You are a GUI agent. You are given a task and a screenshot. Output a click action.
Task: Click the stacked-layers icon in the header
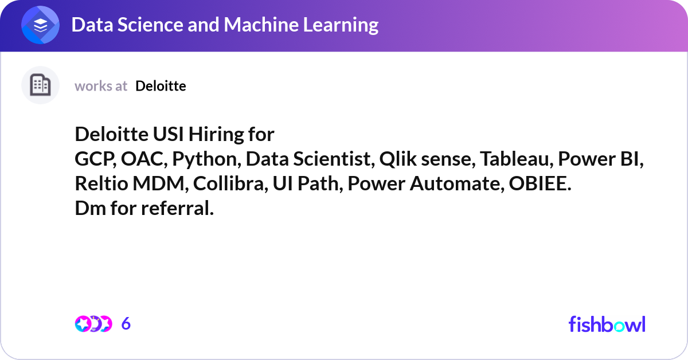coord(41,25)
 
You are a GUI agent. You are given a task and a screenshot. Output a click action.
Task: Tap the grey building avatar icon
coord(40,85)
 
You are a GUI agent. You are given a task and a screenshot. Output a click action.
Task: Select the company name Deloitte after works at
coord(161,86)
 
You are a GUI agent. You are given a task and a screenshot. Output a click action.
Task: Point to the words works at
coord(101,86)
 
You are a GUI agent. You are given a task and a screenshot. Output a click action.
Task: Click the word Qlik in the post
coord(398,159)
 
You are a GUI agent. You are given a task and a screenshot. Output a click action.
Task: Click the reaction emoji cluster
coord(93,324)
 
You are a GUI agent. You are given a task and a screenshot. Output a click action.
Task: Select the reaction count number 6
coord(126,324)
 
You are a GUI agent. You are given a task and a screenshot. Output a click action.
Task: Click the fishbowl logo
coord(607,324)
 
